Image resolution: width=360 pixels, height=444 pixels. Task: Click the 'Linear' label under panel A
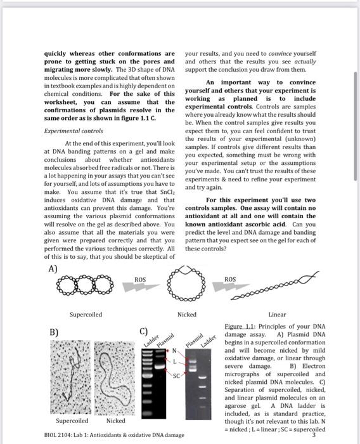[278, 315]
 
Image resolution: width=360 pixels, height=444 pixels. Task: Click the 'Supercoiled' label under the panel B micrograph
[72, 421]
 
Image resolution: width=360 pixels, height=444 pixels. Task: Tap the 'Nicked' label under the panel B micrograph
[115, 421]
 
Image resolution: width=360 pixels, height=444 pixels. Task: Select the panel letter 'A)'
[54, 269]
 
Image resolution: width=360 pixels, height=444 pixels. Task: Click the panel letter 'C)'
[144, 331]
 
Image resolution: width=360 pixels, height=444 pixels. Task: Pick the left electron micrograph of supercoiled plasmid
[70, 377]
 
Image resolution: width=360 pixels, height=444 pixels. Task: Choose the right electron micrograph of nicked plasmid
[115, 377]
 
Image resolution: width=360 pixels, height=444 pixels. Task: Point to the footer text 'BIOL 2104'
[60, 434]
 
